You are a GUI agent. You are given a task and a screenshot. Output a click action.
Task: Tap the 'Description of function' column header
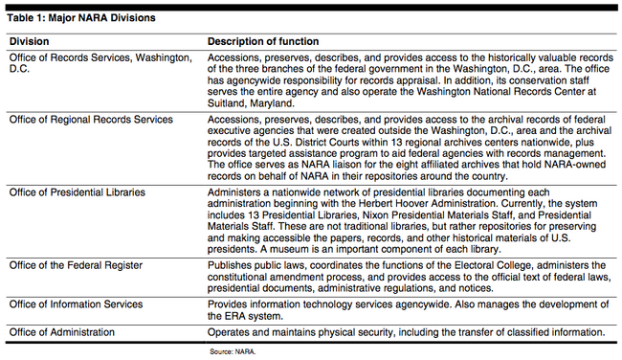263,42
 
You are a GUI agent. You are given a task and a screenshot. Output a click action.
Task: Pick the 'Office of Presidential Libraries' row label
83,192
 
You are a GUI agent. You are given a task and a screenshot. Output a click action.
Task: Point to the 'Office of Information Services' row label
81,304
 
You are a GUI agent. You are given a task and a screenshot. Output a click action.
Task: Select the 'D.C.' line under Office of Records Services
19,70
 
